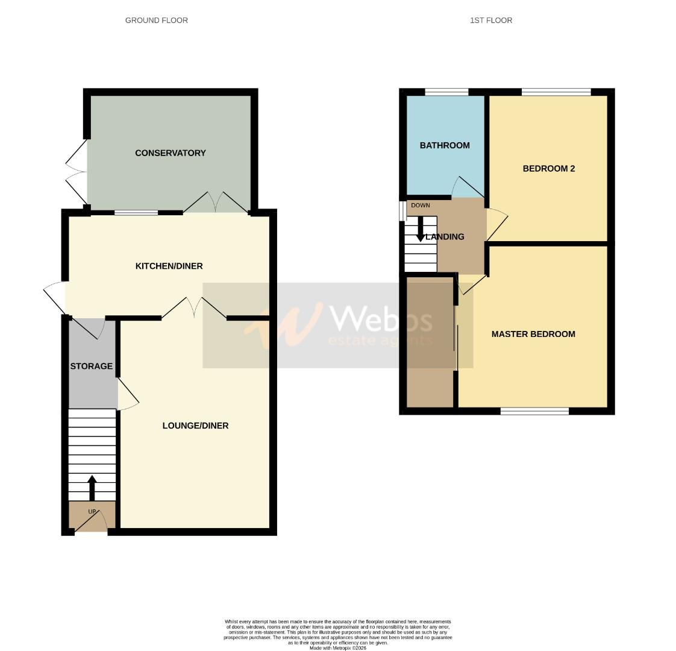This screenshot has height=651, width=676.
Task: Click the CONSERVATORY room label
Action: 170,153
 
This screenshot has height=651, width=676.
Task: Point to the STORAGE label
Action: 91,366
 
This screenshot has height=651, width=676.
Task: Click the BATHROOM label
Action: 445,145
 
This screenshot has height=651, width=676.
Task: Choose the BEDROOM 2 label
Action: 548,168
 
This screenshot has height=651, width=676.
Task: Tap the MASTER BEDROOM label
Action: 533,334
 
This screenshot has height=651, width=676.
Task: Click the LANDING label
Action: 446,237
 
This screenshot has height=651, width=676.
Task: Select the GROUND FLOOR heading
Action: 156,20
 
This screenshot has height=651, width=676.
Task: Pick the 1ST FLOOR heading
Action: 491,20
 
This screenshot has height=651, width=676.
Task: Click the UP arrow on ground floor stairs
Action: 92,488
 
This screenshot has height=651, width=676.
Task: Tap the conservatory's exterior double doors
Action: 76,171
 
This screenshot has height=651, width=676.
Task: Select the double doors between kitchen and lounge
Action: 194,307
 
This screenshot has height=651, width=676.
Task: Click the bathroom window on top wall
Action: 446,92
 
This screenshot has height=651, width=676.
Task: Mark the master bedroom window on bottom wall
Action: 534,411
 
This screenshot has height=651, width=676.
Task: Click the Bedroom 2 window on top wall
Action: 556,92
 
